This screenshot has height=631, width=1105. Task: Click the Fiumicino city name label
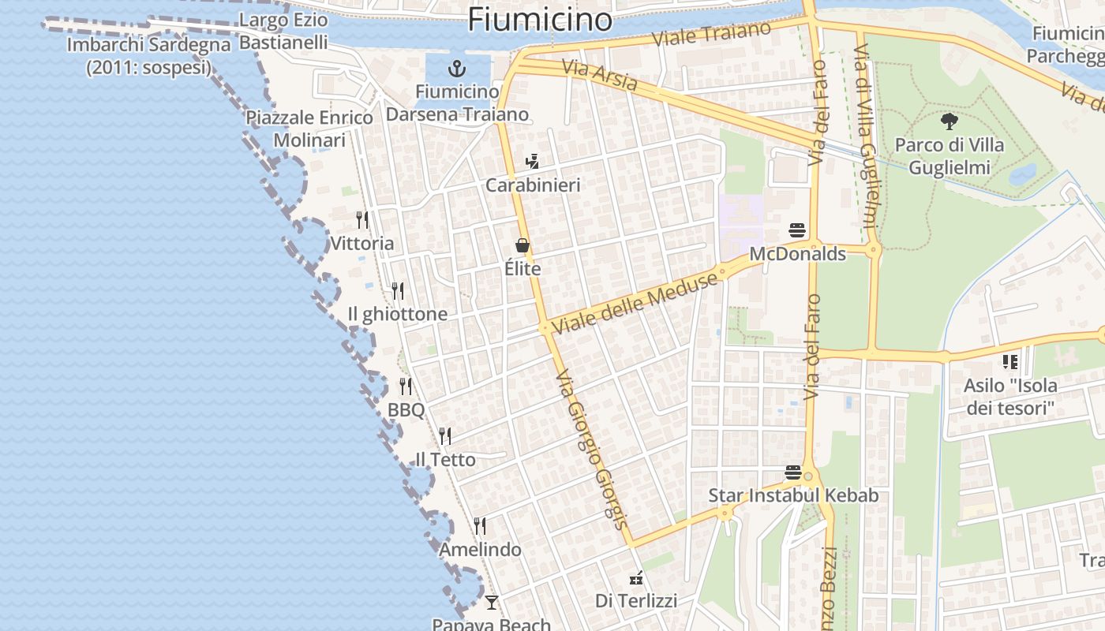tap(540, 19)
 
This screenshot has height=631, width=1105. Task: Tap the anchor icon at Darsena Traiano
tap(457, 68)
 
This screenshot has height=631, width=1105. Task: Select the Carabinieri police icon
tap(532, 162)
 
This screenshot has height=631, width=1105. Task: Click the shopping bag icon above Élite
tap(522, 246)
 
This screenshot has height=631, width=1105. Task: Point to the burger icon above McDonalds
tap(797, 231)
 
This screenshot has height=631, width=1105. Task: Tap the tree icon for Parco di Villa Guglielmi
tap(949, 121)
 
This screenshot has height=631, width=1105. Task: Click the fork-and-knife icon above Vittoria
tap(361, 219)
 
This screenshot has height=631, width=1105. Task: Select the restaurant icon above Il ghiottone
tap(398, 291)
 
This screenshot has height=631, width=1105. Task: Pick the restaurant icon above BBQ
tap(406, 386)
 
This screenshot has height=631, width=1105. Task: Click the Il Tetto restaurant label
tap(446, 460)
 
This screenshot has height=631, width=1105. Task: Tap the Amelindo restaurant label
tap(481, 550)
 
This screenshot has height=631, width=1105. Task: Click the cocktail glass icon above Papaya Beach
tap(492, 603)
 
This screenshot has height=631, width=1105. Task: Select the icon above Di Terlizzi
tap(635, 579)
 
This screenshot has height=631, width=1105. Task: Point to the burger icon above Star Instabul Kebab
tap(793, 472)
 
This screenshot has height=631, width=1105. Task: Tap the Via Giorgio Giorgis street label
tap(592, 450)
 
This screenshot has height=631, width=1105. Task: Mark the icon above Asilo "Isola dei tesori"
tap(1009, 362)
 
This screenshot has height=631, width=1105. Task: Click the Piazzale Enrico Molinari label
tap(309, 129)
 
